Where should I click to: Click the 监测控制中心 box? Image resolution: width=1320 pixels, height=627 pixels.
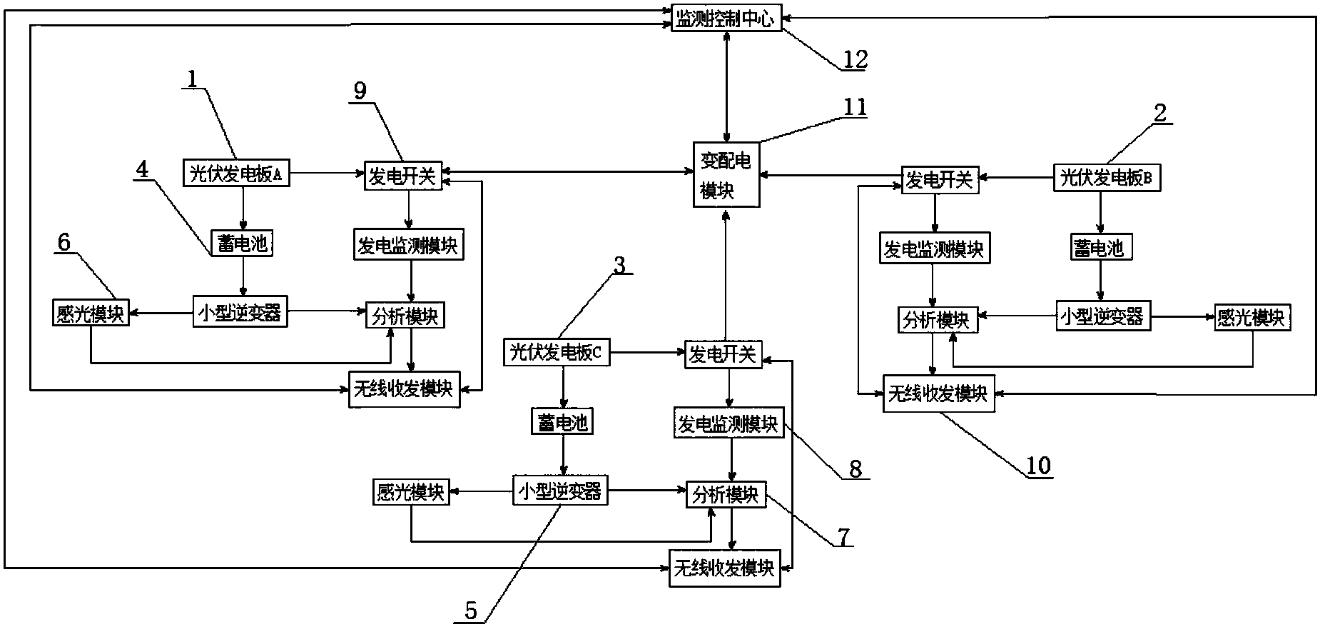tap(726, 18)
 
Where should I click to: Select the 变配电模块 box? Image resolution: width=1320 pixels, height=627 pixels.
tap(726, 175)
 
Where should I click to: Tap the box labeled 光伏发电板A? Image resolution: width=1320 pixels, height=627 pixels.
tap(237, 174)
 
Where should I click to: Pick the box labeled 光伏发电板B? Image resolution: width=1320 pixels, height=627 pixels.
tap(1107, 179)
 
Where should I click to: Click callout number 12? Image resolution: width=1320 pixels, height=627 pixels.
tap(854, 59)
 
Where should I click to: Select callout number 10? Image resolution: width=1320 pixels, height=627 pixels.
tap(1038, 466)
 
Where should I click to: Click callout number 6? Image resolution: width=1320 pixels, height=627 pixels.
tap(64, 243)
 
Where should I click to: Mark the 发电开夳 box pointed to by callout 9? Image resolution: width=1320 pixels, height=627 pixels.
tap(402, 176)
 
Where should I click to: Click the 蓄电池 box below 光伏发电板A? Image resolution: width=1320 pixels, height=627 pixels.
tap(242, 244)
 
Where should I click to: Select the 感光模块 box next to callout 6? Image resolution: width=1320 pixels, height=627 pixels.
tap(91, 314)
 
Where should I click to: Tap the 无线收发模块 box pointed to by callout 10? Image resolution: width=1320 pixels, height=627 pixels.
tap(938, 393)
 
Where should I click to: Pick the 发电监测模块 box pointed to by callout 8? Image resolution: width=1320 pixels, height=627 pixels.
tap(728, 424)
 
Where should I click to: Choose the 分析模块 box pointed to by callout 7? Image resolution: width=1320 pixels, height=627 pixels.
tap(726, 494)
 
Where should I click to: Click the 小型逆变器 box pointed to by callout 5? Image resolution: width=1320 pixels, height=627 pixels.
tap(560, 491)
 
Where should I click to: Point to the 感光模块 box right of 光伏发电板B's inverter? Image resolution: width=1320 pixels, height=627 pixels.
tap(1252, 317)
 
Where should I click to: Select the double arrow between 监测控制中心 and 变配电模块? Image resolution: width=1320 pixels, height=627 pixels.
tap(726, 86)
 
